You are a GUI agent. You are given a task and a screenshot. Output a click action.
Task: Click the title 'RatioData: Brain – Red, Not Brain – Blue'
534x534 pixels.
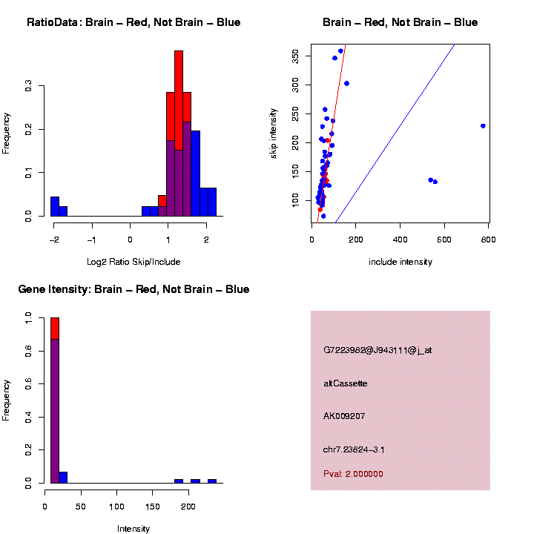point(133,22)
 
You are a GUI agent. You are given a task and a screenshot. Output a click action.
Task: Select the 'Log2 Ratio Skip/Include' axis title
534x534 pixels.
point(133,261)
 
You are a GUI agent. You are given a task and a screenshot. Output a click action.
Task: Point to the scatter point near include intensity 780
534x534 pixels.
point(483,126)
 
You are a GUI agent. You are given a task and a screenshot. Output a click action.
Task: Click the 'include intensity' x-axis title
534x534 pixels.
point(400,262)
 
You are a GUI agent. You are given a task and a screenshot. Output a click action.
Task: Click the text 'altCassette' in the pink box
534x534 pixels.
point(346,383)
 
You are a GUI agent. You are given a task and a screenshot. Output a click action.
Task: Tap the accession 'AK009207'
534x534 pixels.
point(345,416)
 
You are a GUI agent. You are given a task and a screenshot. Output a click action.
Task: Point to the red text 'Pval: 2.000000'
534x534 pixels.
point(353,474)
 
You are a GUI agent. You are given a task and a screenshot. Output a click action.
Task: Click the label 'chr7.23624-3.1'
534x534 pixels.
point(354,449)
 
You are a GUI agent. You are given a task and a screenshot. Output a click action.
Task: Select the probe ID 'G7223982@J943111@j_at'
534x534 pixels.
point(377,350)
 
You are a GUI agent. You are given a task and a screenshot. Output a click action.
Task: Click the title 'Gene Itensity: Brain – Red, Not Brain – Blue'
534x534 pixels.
point(133,289)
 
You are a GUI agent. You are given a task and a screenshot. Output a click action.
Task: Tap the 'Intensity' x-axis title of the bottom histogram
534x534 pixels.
point(133,529)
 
